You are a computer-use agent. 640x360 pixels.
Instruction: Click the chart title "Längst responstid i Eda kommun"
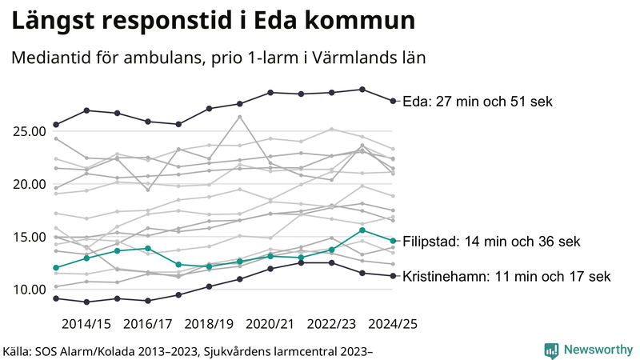tap(213, 22)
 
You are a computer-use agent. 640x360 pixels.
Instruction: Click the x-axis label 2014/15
tap(86, 324)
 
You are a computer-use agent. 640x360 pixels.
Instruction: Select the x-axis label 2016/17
tap(148, 324)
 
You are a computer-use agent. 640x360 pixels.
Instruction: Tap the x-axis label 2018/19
tap(210, 324)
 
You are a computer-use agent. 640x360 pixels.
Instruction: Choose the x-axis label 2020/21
tap(271, 324)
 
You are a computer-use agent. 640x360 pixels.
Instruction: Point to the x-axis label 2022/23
tap(332, 324)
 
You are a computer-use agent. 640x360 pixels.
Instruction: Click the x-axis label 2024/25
tap(393, 324)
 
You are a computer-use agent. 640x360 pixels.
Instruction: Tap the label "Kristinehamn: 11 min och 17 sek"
tap(506, 277)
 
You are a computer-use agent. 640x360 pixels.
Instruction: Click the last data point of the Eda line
tap(393, 101)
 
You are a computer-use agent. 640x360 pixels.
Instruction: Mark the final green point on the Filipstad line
tap(393, 241)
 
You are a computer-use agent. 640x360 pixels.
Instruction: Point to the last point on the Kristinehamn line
tap(393, 276)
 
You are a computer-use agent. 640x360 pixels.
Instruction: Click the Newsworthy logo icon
tap(551, 350)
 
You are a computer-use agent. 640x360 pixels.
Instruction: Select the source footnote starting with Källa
tap(189, 350)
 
